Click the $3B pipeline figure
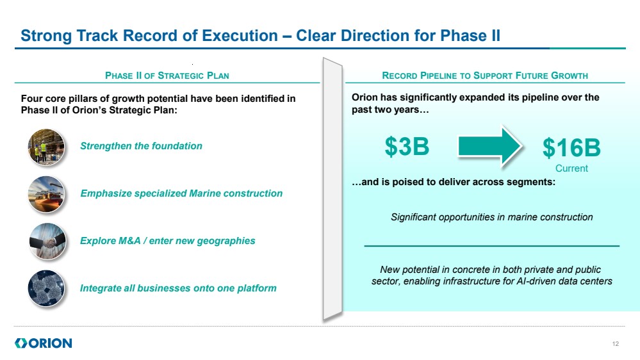pos(407,146)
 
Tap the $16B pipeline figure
pos(571,147)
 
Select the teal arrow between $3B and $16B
pos(490,147)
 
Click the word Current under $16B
pos(571,168)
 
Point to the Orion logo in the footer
pos(44,343)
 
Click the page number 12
pos(616,344)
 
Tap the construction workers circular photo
pos(46,147)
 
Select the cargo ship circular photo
pos(46,194)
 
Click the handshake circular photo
pos(47,241)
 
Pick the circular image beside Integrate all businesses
pos(46,288)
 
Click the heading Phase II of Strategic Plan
pos(167,76)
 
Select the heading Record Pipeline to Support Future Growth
pos(485,76)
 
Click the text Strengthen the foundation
pos(141,146)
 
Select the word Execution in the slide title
pos(240,36)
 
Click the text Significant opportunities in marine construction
pos(492,217)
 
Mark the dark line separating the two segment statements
pos(492,246)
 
